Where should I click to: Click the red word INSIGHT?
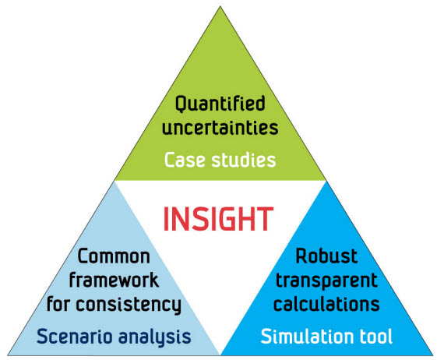pyautogui.click(x=218, y=219)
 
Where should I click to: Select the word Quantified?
pyautogui.click(x=220, y=104)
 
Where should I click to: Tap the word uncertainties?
pyautogui.click(x=220, y=128)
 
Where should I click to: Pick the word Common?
pyautogui.click(x=114, y=256)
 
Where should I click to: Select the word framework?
pyautogui.click(x=114, y=280)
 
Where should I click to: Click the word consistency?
pyautogui.click(x=129, y=305)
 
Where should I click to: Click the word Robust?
pyautogui.click(x=326, y=256)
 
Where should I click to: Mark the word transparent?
pyautogui.click(x=326, y=281)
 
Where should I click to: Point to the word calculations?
pyautogui.click(x=326, y=304)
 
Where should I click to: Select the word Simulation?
pyautogui.click(x=307, y=336)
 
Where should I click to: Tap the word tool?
pyautogui.click(x=375, y=336)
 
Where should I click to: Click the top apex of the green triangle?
pyautogui.click(x=220, y=6)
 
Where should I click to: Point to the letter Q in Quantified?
pyautogui.click(x=181, y=104)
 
